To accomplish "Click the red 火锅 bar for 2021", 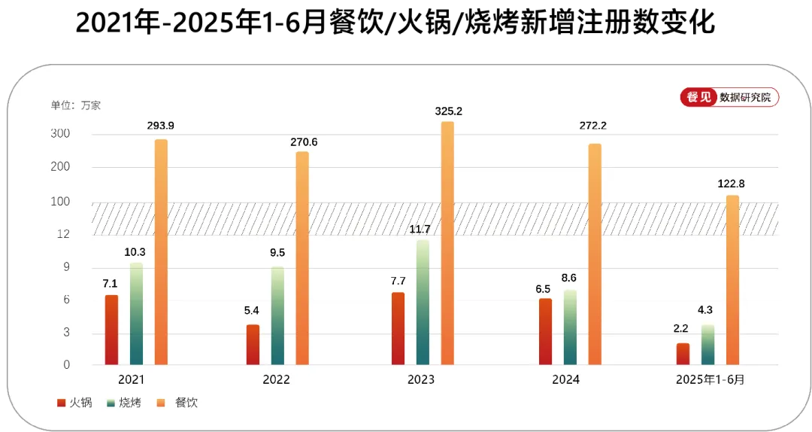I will pyautogui.click(x=111, y=330).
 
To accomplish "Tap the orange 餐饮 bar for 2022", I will pyautogui.click(x=301, y=258).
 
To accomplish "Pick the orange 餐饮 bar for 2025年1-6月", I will pyautogui.click(x=732, y=280).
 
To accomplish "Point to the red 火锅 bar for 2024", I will pyautogui.click(x=545, y=331).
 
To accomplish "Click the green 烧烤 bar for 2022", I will pyautogui.click(x=277, y=315).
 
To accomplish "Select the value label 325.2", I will pyautogui.click(x=448, y=111).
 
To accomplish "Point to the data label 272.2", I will pyautogui.click(x=592, y=126).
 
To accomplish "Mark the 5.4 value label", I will pyautogui.click(x=253, y=310).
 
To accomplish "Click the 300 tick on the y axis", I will pyautogui.click(x=60, y=134).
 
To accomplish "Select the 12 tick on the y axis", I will pyautogui.click(x=63, y=234).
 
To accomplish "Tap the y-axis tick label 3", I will pyautogui.click(x=66, y=333).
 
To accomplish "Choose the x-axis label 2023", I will pyautogui.click(x=421, y=380).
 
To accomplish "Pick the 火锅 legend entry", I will pyautogui.click(x=75, y=403).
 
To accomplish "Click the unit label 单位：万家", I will pyautogui.click(x=76, y=105).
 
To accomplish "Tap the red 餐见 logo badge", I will pyautogui.click(x=698, y=97).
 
